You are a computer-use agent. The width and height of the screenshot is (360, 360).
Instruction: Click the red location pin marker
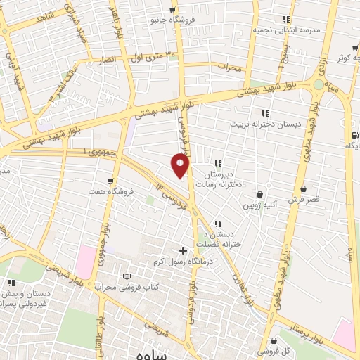point(181,166)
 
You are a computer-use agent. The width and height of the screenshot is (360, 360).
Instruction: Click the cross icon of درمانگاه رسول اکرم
point(184,250)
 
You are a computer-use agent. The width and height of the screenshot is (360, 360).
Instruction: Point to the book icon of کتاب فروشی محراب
point(127,276)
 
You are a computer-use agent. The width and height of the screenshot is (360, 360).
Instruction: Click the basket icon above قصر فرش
point(303,188)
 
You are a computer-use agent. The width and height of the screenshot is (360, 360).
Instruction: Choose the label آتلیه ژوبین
point(262,205)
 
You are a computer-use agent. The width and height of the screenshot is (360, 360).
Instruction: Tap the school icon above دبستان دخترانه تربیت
point(265,113)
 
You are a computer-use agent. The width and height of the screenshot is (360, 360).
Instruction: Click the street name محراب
point(229,68)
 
